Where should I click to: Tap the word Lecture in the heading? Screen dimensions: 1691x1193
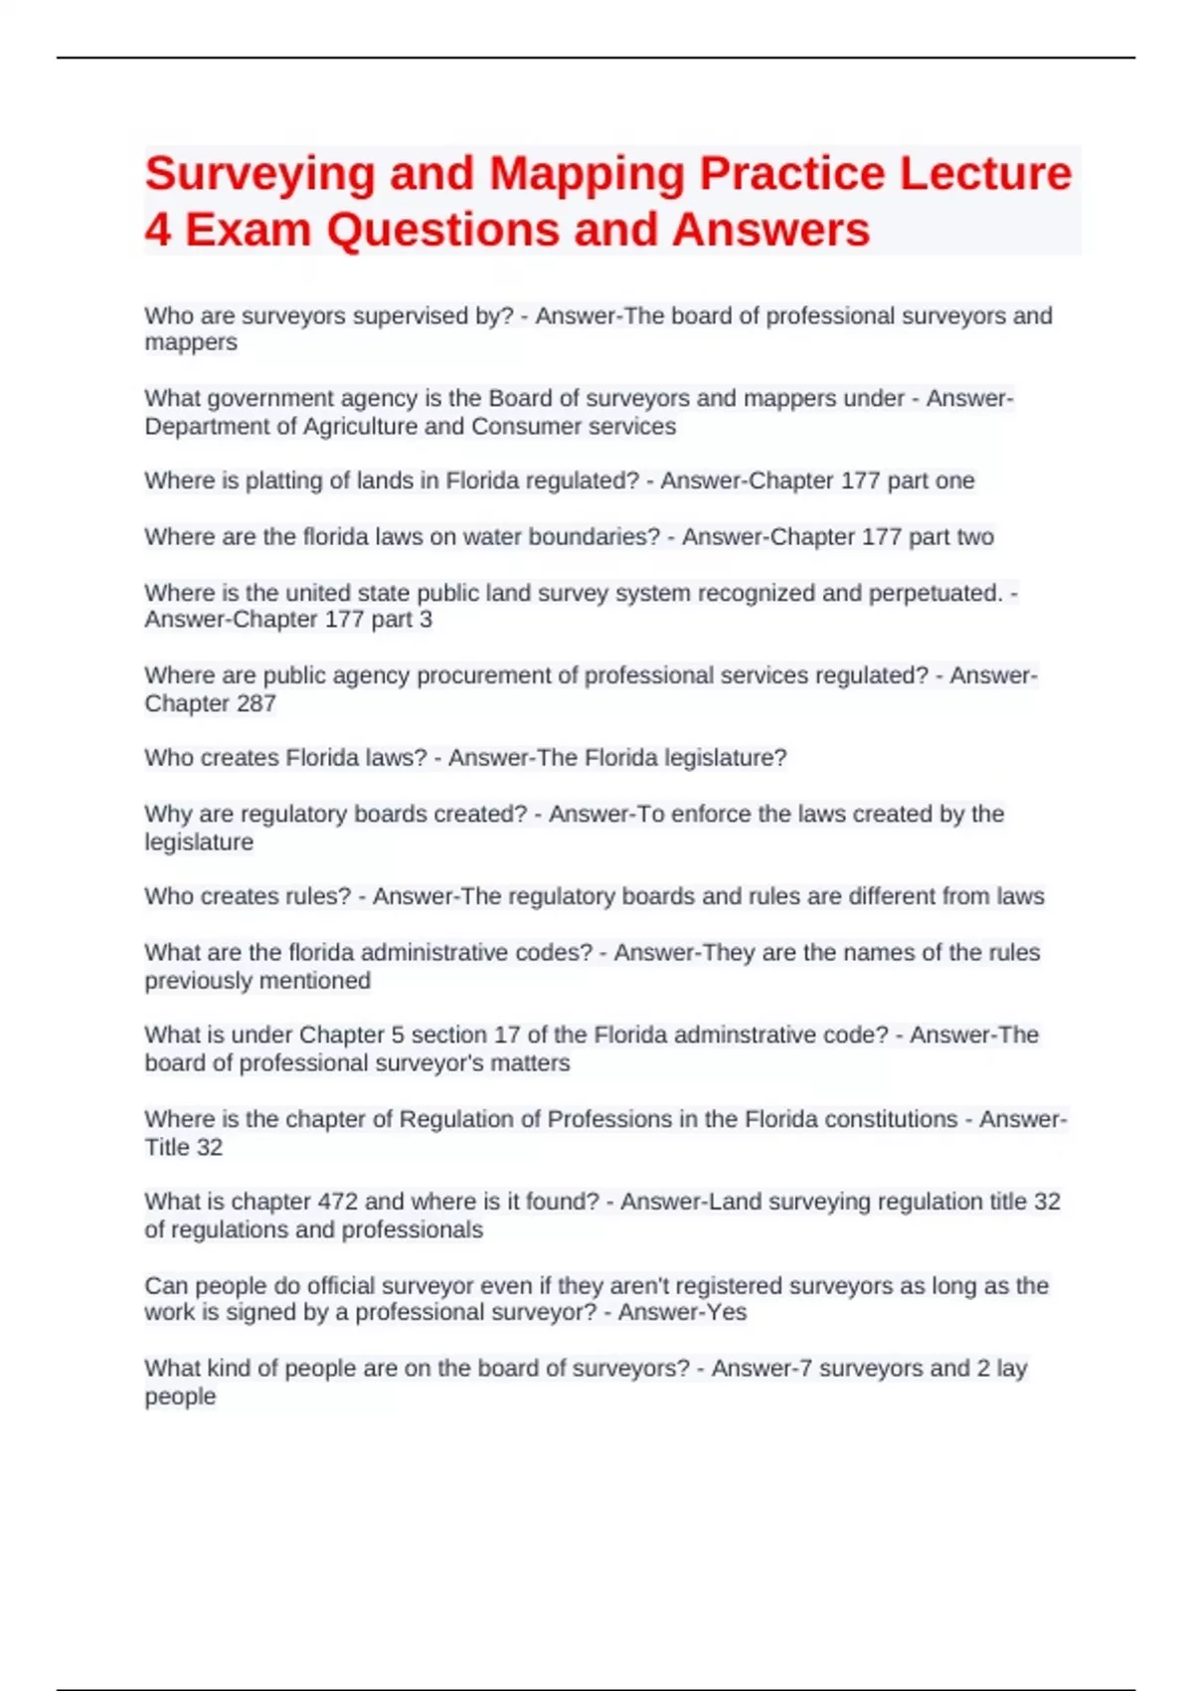click(x=985, y=173)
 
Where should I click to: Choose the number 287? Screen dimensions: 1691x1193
click(x=256, y=703)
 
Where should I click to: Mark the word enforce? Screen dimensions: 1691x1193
click(x=711, y=814)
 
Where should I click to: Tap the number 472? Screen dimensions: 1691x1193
click(x=337, y=1202)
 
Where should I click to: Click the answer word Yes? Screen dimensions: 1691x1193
click(x=727, y=1313)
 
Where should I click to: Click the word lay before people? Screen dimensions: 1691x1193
click(x=1011, y=1369)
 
